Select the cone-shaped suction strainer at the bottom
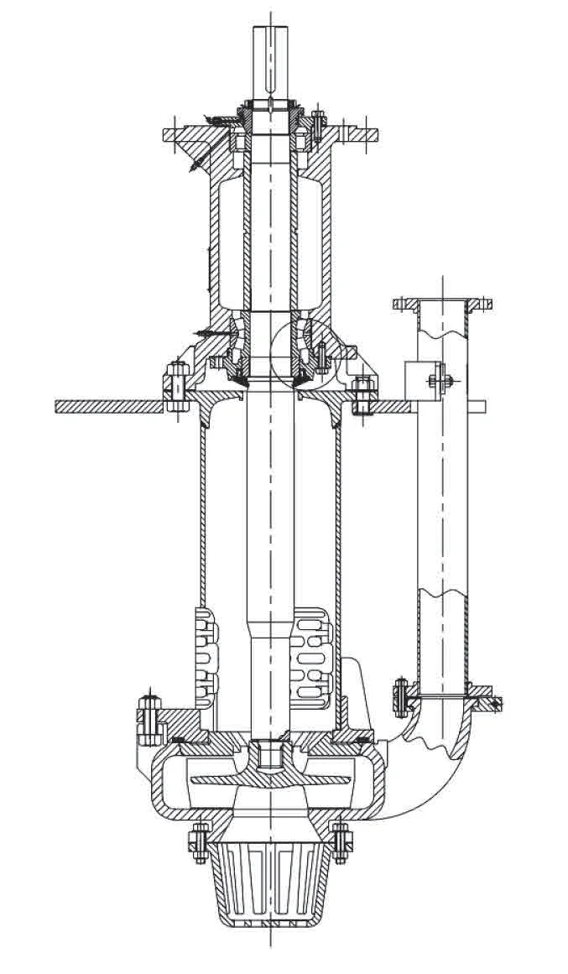pos(269,881)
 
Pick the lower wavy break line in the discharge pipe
pos(441,597)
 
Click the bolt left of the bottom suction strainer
pos(198,842)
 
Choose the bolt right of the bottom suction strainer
pos(340,842)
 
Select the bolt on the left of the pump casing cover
pos(149,717)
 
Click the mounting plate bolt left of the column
pos(176,387)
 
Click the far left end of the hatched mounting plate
pos(59,406)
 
